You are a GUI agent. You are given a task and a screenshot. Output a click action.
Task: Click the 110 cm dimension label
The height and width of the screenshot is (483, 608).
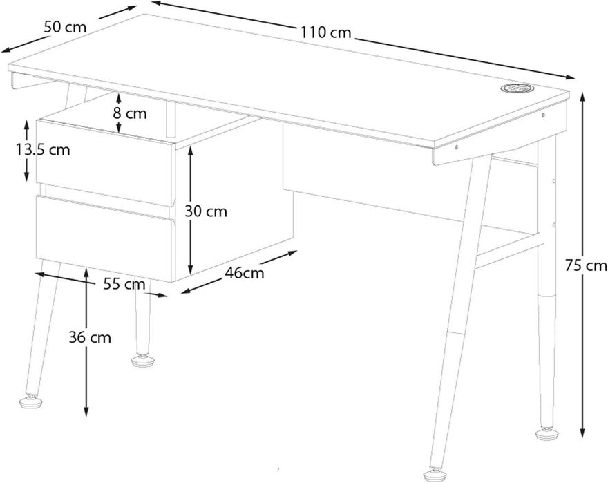(325, 32)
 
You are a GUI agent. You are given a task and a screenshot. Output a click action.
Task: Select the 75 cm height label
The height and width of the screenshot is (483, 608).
(585, 265)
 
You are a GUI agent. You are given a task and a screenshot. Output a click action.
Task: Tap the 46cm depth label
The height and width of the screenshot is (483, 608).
(245, 273)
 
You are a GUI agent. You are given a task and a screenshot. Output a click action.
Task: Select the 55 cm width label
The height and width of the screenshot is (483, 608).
(124, 283)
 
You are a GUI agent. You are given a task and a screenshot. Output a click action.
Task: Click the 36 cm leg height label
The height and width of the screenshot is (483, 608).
(90, 337)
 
